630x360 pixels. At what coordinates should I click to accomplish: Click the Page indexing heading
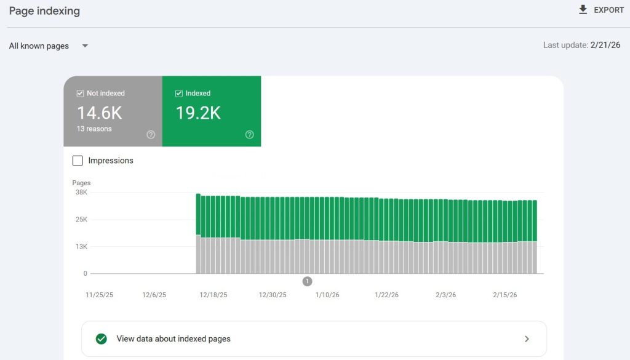click(44, 11)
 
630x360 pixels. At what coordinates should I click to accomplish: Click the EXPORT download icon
click(583, 10)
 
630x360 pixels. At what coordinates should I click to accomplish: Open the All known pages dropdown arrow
click(85, 46)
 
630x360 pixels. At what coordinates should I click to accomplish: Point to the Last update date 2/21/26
click(605, 45)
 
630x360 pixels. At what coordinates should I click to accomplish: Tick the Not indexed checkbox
click(80, 94)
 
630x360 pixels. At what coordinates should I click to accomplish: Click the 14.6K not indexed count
click(99, 113)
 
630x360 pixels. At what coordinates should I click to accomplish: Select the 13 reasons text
click(94, 129)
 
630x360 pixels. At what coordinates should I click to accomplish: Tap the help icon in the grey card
click(151, 135)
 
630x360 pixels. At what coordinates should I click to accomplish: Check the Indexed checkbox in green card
click(179, 94)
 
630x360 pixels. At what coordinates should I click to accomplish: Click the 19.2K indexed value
click(197, 113)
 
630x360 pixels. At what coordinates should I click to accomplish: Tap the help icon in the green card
click(249, 135)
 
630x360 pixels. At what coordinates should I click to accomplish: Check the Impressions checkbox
click(78, 161)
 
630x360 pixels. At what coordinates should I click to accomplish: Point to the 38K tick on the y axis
click(81, 193)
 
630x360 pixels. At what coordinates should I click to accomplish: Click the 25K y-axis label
click(81, 220)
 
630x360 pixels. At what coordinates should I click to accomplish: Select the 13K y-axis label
click(81, 247)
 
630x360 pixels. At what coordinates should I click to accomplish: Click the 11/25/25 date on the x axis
click(99, 295)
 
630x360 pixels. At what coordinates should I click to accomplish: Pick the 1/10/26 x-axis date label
click(327, 295)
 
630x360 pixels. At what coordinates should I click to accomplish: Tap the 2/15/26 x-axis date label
click(504, 295)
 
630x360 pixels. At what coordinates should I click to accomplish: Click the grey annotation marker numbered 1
click(307, 281)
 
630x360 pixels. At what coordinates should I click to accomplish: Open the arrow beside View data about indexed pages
click(527, 338)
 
